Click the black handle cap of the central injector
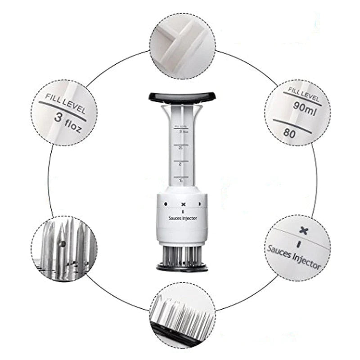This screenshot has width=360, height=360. click(182, 96)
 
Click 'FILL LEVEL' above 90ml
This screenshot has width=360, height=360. click(304, 95)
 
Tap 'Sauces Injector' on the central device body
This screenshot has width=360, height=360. click(182, 218)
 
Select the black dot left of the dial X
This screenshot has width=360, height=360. click(165, 203)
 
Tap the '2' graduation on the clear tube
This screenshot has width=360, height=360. click(180, 164)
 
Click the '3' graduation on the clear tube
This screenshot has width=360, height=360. click(180, 131)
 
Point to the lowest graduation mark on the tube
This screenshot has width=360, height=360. click(180, 180)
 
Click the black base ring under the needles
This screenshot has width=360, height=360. click(182, 268)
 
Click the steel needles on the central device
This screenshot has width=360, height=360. click(182, 256)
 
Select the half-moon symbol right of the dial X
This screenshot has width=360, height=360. click(199, 203)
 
